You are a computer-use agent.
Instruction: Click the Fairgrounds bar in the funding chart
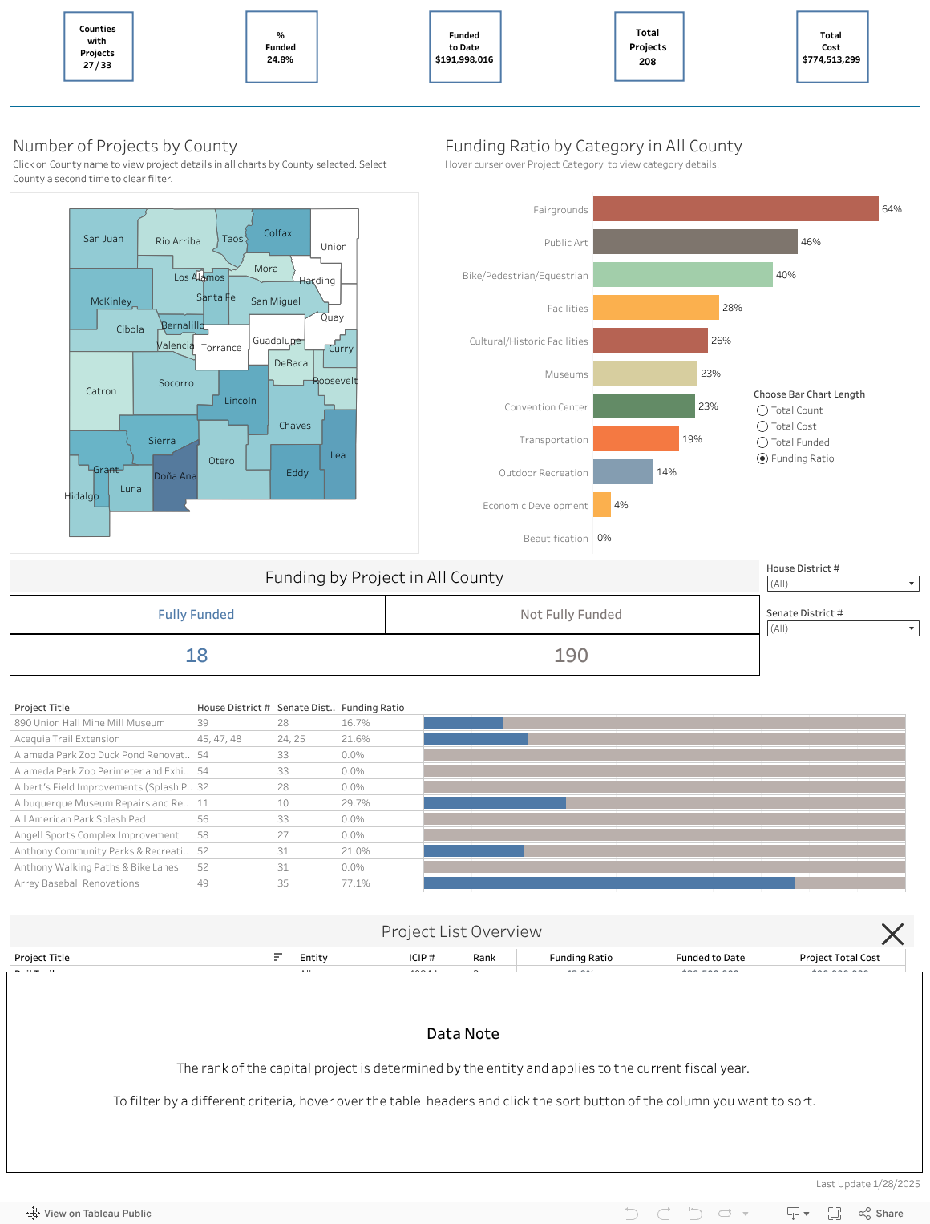tap(735, 209)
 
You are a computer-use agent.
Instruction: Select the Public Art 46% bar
tap(695, 242)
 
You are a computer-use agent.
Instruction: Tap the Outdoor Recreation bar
tap(623, 472)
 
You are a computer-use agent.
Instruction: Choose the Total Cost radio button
tap(762, 426)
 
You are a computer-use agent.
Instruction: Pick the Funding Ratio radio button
tap(762, 458)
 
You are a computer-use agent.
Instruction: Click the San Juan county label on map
tap(103, 239)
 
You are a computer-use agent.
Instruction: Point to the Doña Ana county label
tap(175, 476)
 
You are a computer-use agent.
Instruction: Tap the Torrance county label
tap(221, 348)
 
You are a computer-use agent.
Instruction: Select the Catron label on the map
tap(101, 391)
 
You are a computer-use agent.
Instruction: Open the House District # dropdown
tap(843, 584)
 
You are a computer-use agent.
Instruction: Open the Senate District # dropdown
tap(843, 628)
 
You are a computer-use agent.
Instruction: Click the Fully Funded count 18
tap(196, 656)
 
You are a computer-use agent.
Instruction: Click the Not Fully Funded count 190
tap(571, 656)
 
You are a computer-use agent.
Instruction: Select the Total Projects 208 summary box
tap(649, 46)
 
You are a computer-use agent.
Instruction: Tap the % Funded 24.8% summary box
tap(281, 47)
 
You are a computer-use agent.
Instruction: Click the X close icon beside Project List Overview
tap(892, 934)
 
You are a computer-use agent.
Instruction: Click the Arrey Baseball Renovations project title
tap(77, 883)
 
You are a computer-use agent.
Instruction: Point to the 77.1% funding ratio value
tap(356, 883)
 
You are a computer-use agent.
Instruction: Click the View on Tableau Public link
tap(89, 1214)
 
